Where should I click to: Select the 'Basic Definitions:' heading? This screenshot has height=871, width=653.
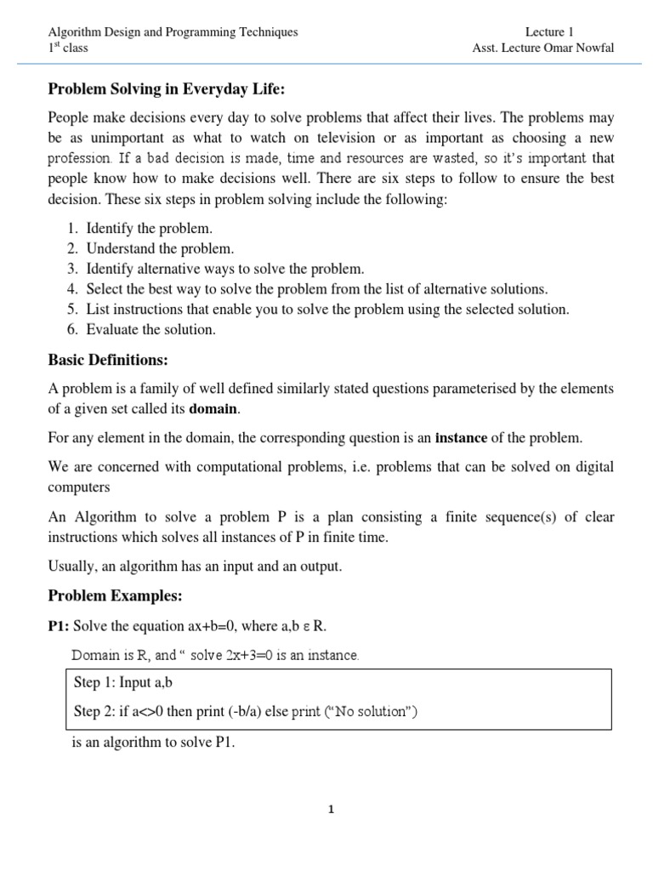pyautogui.click(x=105, y=360)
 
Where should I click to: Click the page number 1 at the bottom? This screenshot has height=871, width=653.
pyautogui.click(x=331, y=810)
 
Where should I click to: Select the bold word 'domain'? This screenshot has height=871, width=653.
pyautogui.click(x=213, y=410)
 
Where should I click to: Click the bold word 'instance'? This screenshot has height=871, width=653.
pyautogui.click(x=461, y=438)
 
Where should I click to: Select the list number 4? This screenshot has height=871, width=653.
pyautogui.click(x=71, y=289)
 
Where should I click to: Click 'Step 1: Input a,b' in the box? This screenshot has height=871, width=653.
pyautogui.click(x=126, y=682)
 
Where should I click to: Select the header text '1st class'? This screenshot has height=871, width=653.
pyautogui.click(x=67, y=48)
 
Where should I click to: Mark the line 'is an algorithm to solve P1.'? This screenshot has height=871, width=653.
pyautogui.click(x=153, y=743)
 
